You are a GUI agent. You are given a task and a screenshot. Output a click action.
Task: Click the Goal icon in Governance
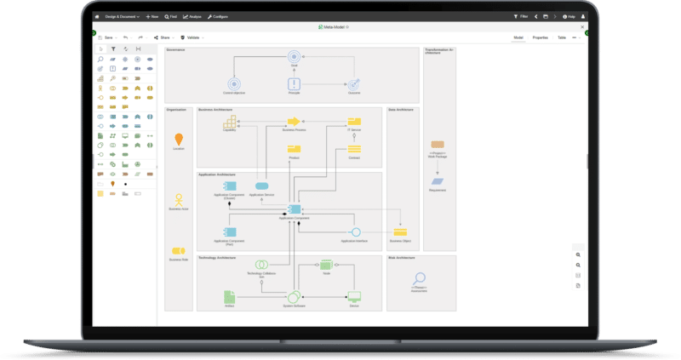click(x=294, y=57)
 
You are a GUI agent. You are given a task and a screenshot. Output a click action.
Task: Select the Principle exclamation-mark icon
click(x=294, y=83)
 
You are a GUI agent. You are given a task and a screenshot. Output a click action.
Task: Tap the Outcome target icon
click(x=354, y=83)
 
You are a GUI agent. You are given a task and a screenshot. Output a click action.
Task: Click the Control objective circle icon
click(x=233, y=83)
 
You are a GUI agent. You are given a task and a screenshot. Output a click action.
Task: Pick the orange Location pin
click(x=178, y=139)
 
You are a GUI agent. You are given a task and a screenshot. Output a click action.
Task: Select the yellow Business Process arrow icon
click(x=294, y=122)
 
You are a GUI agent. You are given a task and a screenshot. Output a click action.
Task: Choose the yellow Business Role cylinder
click(x=178, y=251)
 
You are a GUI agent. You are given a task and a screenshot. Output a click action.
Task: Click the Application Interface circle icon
click(x=356, y=231)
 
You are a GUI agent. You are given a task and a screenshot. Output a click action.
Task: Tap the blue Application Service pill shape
click(x=262, y=186)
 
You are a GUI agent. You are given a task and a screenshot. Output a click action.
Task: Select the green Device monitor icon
click(x=354, y=296)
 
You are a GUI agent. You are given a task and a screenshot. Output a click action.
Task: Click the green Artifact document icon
click(x=229, y=296)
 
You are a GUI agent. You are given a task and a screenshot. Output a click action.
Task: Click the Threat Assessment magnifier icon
click(x=419, y=278)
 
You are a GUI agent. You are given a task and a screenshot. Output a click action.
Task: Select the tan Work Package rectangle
click(x=438, y=146)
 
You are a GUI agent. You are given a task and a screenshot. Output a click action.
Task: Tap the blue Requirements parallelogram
click(x=438, y=181)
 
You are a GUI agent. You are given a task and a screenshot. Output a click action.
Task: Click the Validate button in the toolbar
click(x=190, y=37)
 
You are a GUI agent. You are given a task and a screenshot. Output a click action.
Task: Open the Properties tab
click(x=540, y=37)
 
